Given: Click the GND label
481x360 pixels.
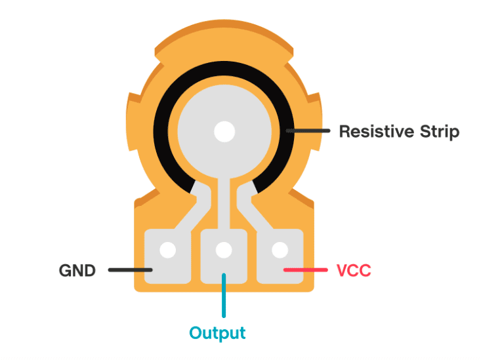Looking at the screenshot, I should point(77,270).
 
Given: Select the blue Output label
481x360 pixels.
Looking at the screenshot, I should point(217,332).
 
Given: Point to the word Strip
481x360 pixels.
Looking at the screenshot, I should point(439,132).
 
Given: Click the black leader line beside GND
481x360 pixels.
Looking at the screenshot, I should point(130,270).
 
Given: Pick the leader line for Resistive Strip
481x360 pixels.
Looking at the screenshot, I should point(308,131).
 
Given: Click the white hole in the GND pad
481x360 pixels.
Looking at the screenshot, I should point(167,250).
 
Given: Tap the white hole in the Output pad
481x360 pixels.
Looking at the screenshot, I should point(224,250).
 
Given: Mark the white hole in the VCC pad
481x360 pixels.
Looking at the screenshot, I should point(280,250).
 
